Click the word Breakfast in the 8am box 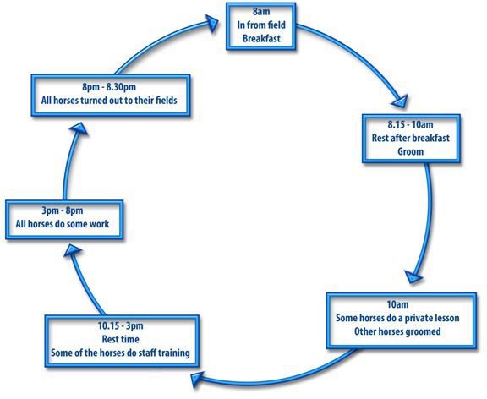(261, 39)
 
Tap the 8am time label (261, 12)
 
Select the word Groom (411, 151)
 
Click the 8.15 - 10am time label (410, 124)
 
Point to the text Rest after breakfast (411, 138)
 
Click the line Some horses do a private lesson (397, 318)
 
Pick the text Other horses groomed (397, 331)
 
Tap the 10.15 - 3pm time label (121, 325)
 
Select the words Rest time (121, 339)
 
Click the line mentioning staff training (120, 353)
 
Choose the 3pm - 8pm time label (63, 210)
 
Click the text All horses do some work (63, 224)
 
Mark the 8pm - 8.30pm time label (109, 87)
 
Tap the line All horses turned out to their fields (109, 101)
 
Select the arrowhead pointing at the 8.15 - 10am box (401, 101)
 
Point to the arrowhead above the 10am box (413, 276)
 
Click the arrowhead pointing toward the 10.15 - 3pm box (197, 379)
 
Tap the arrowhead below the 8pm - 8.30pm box (79, 128)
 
